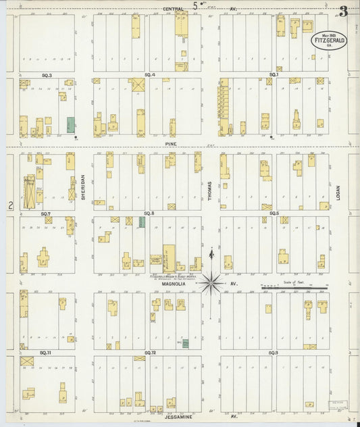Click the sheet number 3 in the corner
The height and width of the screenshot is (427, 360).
[x=344, y=11]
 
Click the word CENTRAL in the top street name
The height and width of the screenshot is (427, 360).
[x=175, y=9]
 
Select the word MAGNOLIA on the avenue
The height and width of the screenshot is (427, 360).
[x=175, y=284]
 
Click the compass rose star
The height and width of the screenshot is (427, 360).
[x=212, y=281]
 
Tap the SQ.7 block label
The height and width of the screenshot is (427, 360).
[x=46, y=214]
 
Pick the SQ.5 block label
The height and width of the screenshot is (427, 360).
[x=274, y=214]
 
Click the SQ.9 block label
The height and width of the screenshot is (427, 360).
[x=274, y=353]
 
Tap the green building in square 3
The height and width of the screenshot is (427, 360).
[x=71, y=125]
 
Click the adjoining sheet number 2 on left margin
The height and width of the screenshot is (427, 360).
[x=11, y=205]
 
